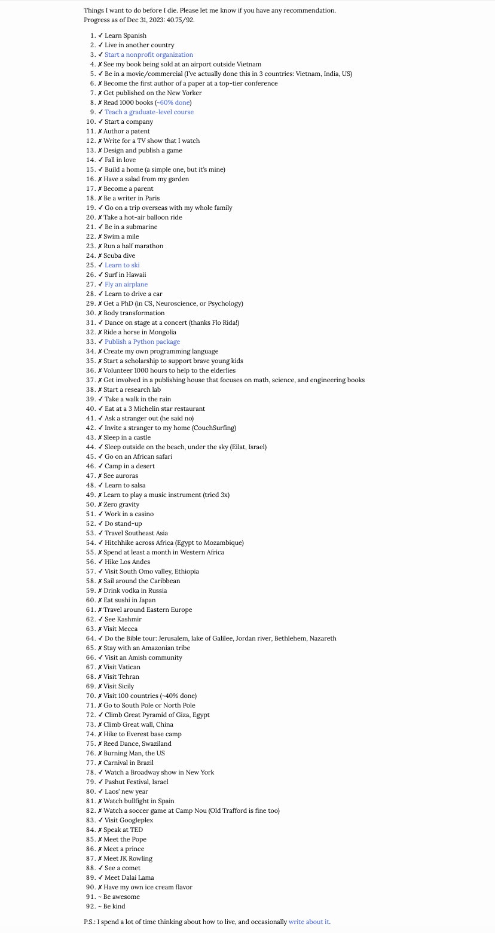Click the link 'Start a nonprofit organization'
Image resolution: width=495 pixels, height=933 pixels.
tap(149, 54)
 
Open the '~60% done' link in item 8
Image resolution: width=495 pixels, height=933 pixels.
tap(173, 102)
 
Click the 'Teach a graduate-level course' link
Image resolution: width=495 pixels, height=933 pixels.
tap(149, 112)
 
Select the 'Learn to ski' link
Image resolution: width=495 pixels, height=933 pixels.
tap(122, 265)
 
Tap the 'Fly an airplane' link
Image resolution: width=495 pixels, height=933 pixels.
tap(126, 284)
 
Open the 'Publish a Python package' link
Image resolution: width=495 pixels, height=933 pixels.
tap(142, 342)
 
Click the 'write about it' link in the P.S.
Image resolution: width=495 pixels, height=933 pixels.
tap(308, 922)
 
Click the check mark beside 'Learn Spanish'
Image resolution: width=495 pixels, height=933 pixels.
tap(100, 35)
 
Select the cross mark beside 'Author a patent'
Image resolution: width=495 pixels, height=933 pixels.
tap(100, 131)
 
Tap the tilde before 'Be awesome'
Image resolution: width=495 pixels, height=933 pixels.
tap(100, 897)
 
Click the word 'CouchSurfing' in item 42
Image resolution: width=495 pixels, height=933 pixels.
tap(215, 428)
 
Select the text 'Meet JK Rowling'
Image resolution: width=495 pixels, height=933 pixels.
tap(128, 858)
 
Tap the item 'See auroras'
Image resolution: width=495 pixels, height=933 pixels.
tap(121, 475)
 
